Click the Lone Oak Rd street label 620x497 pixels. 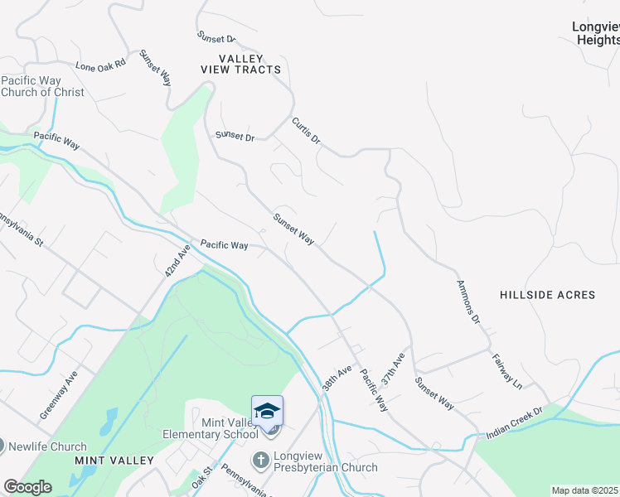[99, 65]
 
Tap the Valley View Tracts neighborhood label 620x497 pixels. [241, 64]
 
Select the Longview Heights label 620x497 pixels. [595, 33]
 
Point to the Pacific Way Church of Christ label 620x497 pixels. [42, 86]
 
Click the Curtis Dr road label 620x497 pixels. [305, 130]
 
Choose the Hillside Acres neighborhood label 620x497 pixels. [548, 295]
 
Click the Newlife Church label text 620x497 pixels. [47, 446]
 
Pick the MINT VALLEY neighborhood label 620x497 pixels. [114, 460]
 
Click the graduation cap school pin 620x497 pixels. [267, 411]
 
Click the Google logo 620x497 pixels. [27, 487]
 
